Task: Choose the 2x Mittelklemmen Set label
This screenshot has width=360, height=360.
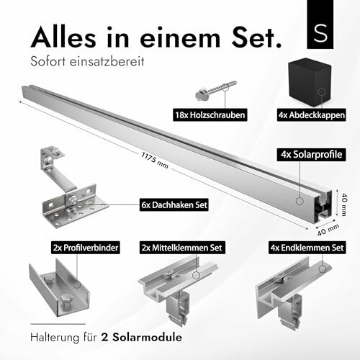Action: click(189, 247)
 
